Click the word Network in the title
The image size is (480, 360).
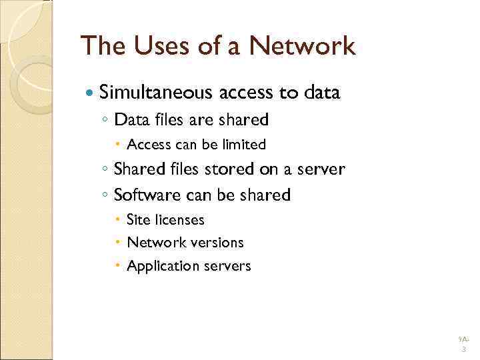[302, 47]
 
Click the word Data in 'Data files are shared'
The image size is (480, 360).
[130, 120]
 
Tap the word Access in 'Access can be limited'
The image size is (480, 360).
[149, 145]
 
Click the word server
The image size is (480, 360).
[321, 169]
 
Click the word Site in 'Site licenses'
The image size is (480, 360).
[138, 220]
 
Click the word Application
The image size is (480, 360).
[162, 267]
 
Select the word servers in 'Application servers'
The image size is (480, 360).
[227, 267]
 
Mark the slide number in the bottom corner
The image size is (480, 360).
[463, 345]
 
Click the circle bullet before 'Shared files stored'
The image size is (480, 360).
[106, 170]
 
